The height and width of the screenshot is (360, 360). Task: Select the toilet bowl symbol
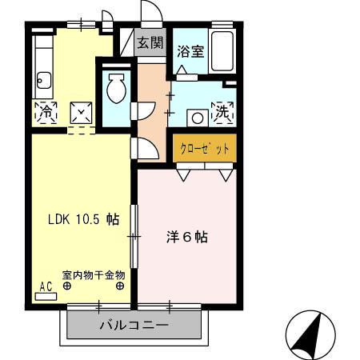pos(115,89)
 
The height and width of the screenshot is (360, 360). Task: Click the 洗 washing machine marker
pos(222,113)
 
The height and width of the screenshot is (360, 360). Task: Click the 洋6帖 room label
pos(187,238)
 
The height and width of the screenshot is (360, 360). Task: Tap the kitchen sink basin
pos(44,79)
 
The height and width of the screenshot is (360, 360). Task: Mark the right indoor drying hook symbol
pos(120,285)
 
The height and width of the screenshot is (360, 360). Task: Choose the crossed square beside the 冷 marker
pos(82,113)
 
